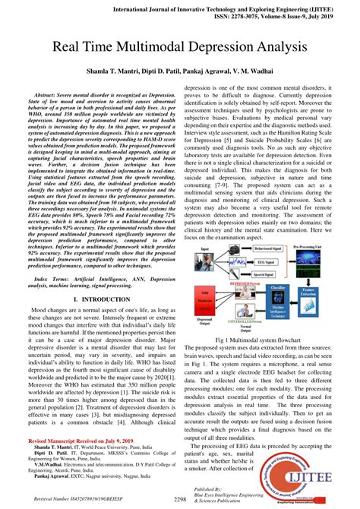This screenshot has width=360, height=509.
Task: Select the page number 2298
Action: pyautogui.click(x=180, y=499)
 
